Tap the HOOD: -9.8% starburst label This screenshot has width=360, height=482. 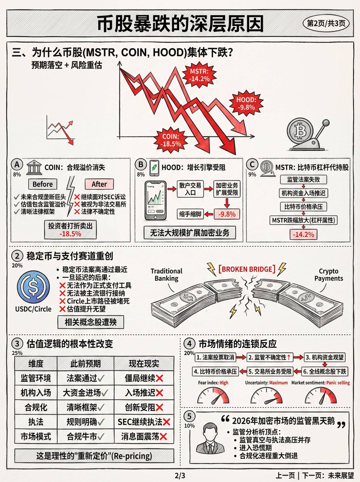[x=246, y=103]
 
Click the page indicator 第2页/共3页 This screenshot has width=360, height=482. [x=326, y=23]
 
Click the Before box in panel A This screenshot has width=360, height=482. [x=43, y=184]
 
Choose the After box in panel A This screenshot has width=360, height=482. [x=99, y=184]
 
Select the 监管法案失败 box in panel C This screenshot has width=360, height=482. [x=304, y=179]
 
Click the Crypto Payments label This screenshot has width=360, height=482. [x=329, y=275]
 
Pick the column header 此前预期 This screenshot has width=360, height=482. [x=86, y=364]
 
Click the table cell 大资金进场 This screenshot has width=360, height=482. [x=86, y=392]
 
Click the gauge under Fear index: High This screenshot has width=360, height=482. [x=213, y=396]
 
